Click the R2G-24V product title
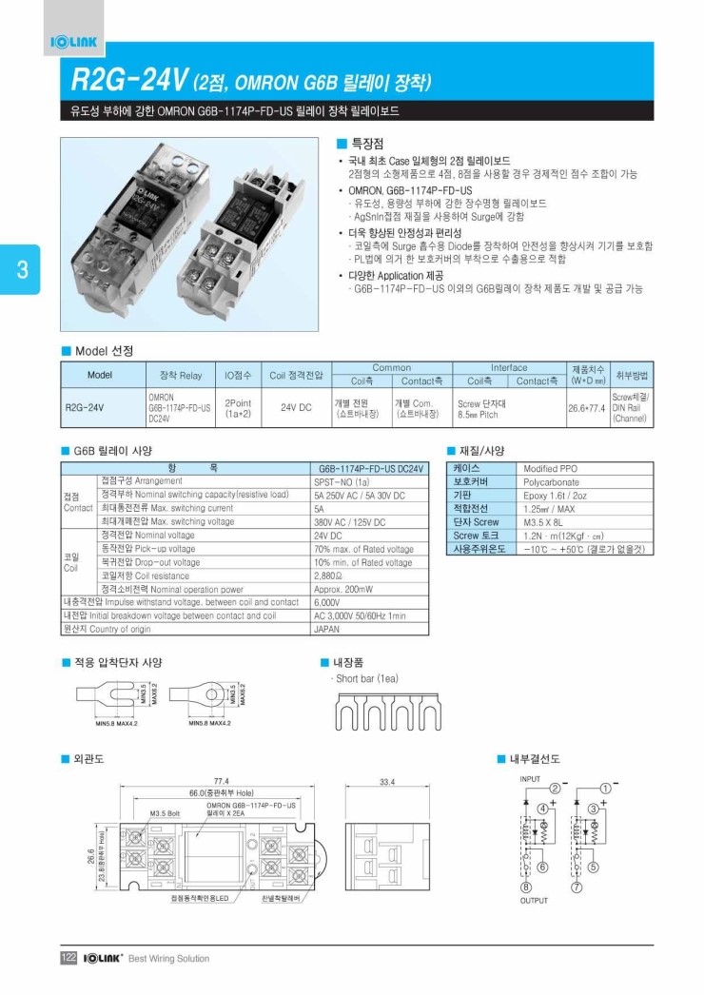pos(127,80)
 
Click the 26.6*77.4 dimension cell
pos(587,408)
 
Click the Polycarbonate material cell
pos(551,482)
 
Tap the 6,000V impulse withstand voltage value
pos(326,602)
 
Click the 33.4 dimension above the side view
pos(387,781)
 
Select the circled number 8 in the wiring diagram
pos(524,888)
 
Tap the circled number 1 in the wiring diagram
pos(605,789)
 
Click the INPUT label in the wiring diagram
pos(530,778)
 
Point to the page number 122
pos(68,958)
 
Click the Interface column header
pos(509,368)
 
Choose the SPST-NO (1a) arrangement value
pos(343,482)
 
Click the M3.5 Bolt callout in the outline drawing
pos(166,814)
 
